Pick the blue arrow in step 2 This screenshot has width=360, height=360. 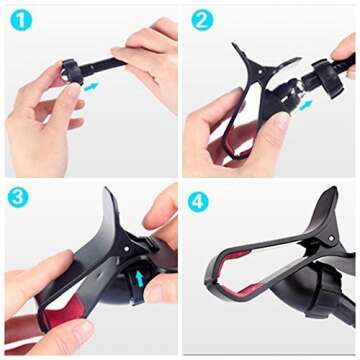click(304, 103)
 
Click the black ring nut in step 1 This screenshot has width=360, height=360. click(71, 73)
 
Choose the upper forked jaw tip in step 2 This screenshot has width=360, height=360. click(239, 52)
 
